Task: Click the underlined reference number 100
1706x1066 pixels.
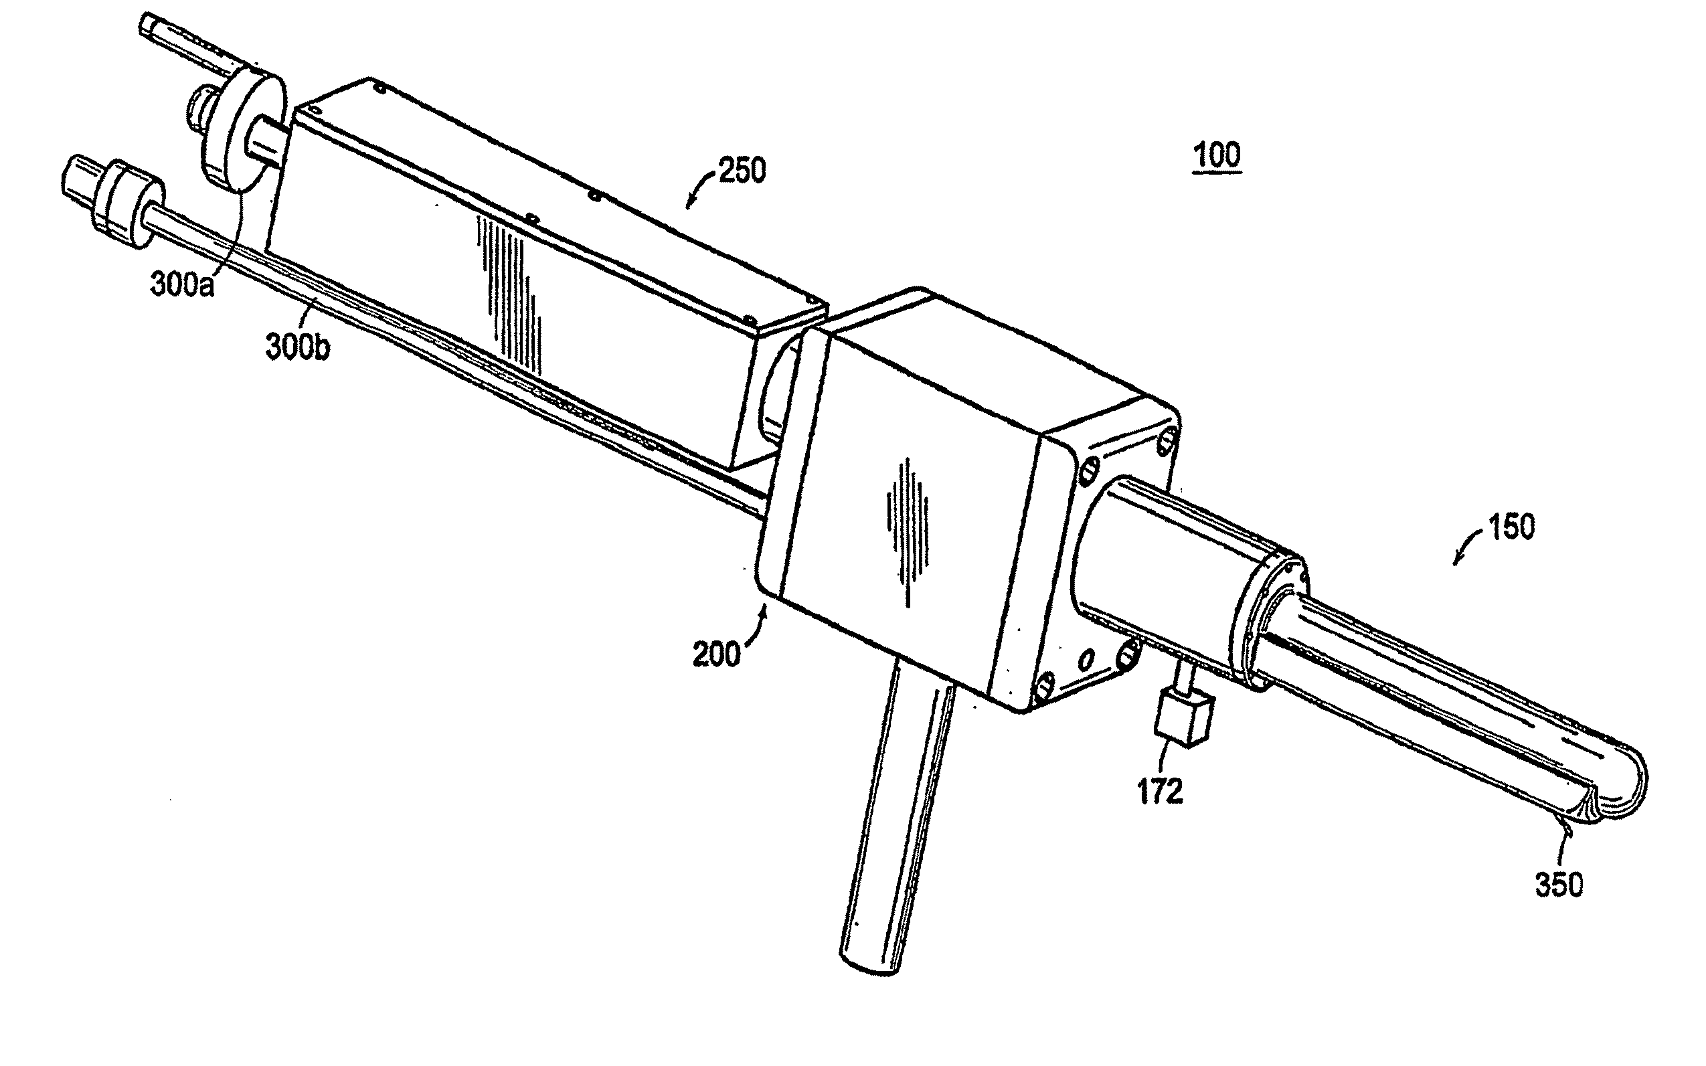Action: click(1217, 155)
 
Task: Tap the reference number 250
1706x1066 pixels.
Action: click(742, 171)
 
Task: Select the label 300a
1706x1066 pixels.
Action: click(181, 286)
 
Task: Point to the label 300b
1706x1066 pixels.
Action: click(296, 347)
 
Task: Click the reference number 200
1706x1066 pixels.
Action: click(716, 655)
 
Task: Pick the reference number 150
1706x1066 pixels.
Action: click(1511, 527)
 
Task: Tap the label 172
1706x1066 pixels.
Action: click(1160, 792)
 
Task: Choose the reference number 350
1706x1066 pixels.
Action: click(1559, 884)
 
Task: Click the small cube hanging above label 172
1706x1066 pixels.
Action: click(1185, 719)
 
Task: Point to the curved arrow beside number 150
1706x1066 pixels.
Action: click(1466, 550)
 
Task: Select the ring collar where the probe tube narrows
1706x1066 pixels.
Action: click(1269, 620)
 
